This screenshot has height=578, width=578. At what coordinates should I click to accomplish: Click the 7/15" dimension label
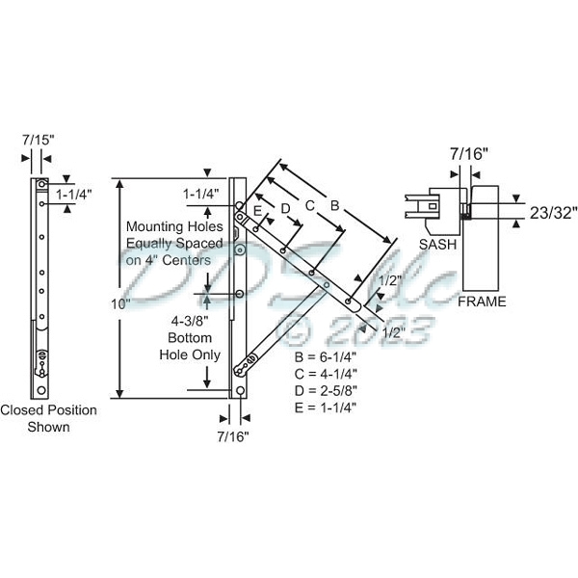(x=39, y=140)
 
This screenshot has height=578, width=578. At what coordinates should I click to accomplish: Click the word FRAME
(x=481, y=302)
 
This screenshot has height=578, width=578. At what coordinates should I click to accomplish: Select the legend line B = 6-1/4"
(x=326, y=357)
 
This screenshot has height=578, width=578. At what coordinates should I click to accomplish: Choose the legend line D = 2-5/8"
(x=326, y=390)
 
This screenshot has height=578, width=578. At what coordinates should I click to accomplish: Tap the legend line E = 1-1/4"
(x=326, y=407)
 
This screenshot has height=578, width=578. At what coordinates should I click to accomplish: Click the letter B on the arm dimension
(x=334, y=204)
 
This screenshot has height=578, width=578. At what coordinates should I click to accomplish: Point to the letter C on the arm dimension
(x=309, y=205)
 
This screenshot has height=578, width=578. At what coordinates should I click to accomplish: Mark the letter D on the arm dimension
(x=285, y=207)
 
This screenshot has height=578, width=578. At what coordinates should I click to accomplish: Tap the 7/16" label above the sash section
(x=469, y=152)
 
